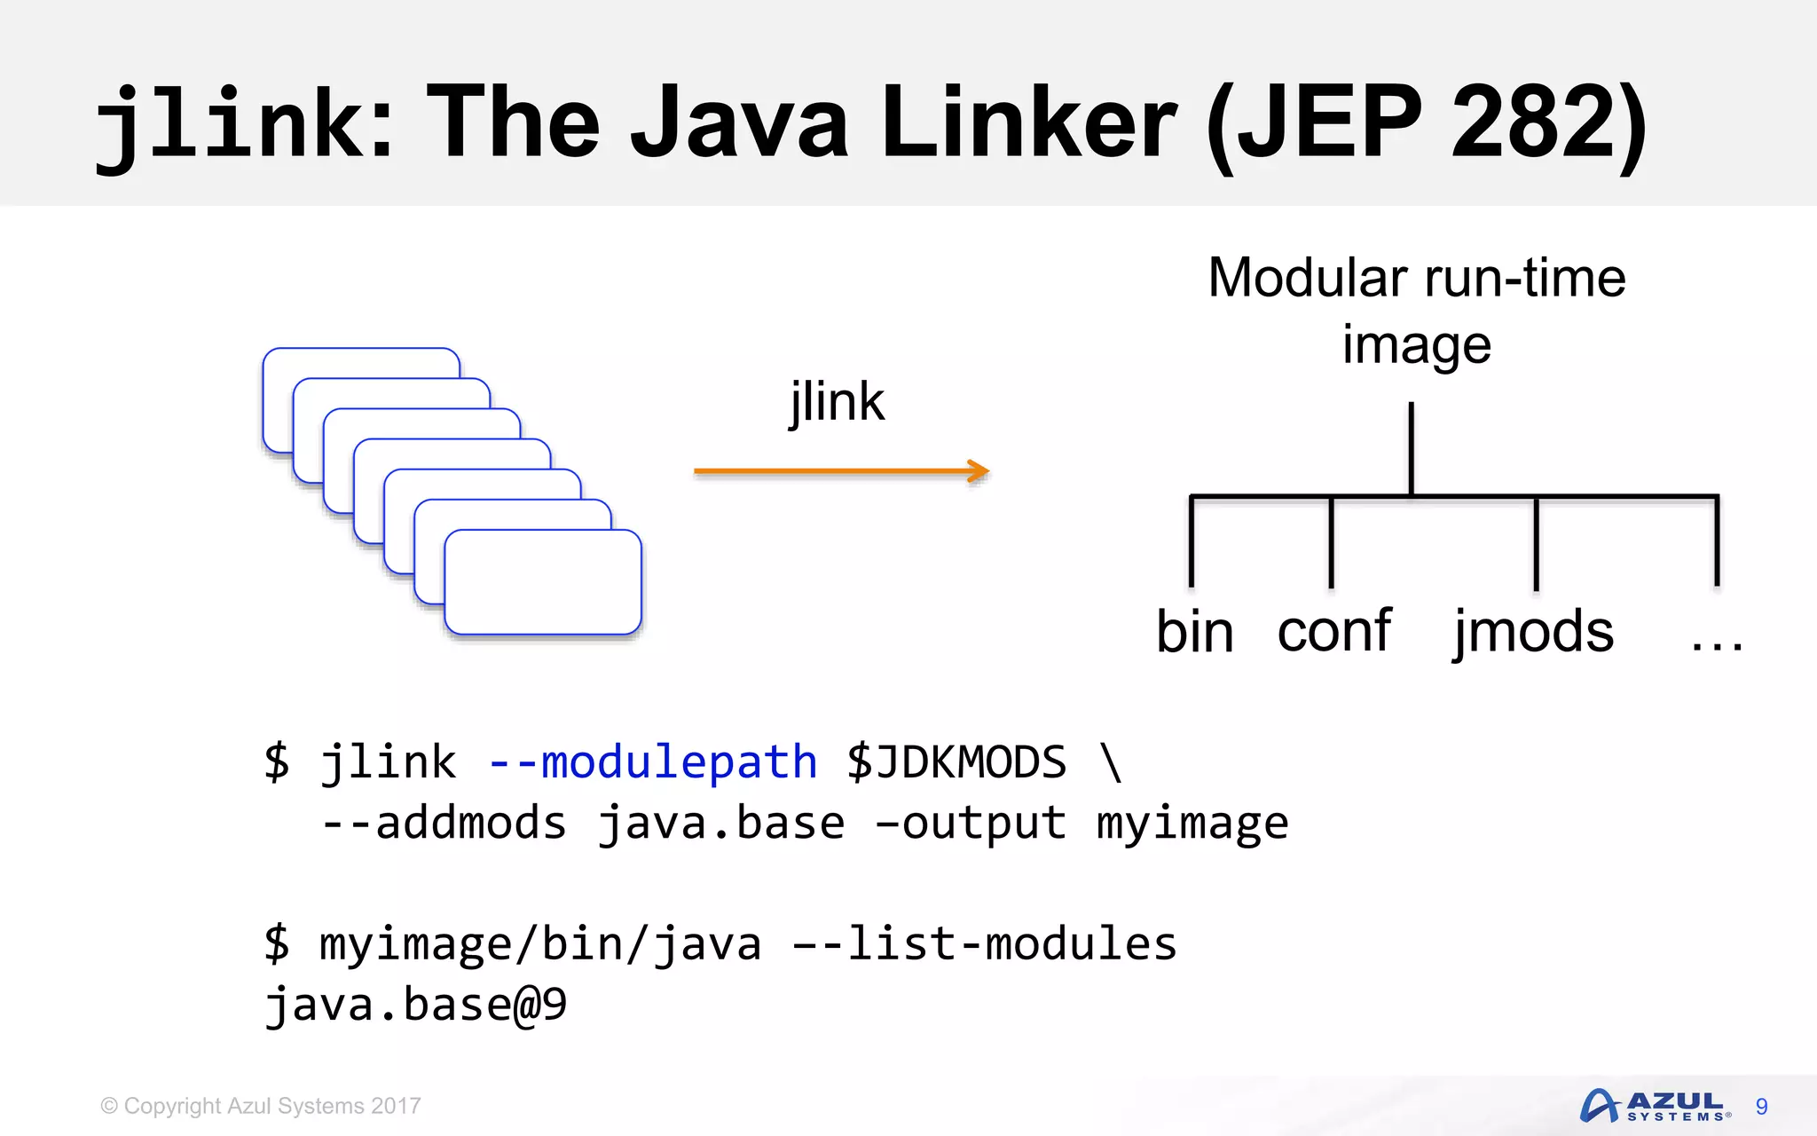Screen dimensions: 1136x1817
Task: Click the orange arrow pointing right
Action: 841,471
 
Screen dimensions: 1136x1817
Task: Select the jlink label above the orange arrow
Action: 837,402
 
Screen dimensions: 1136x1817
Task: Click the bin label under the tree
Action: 1194,632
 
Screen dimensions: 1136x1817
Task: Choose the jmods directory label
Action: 1533,632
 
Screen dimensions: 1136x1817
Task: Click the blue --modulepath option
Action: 652,762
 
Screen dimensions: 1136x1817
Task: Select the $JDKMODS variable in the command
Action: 956,762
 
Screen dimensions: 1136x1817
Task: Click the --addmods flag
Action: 444,823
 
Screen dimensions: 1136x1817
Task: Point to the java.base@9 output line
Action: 415,1005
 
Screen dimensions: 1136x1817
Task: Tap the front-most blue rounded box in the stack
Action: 542,582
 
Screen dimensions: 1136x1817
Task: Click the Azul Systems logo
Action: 1654,1106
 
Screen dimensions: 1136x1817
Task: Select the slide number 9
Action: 1761,1107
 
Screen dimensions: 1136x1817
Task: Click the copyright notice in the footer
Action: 261,1106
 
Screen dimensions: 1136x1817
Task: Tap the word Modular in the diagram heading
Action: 1307,278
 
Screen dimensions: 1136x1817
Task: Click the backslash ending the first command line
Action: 1111,762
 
